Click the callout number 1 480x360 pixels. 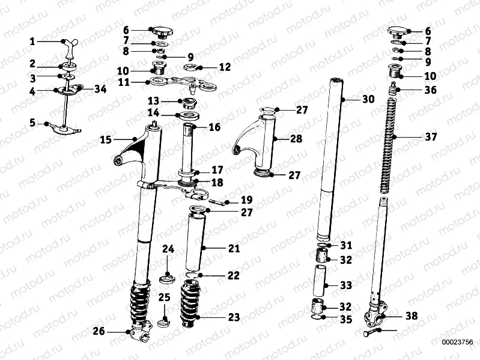(32, 41)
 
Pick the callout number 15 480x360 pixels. (106, 139)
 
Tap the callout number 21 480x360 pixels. (233, 248)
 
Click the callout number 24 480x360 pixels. (168, 248)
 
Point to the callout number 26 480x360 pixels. (99, 331)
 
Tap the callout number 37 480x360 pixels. (431, 137)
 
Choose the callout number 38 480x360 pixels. (411, 315)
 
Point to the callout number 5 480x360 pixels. (32, 123)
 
